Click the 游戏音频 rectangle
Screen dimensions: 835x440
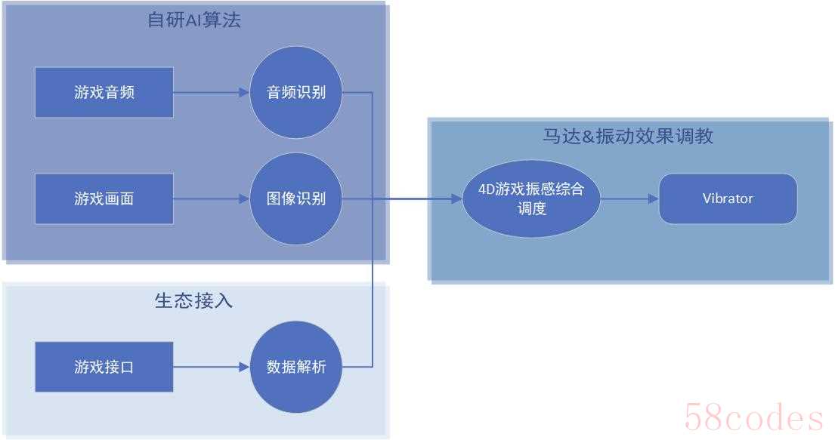[104, 92]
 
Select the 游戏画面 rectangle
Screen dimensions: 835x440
[104, 198]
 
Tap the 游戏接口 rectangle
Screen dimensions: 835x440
[104, 367]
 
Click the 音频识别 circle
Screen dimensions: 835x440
[296, 92]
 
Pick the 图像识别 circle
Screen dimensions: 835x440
[296, 198]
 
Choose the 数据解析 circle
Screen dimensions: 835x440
[296, 367]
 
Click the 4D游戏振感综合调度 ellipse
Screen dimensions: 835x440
[531, 198]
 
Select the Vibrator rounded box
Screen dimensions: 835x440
[728, 198]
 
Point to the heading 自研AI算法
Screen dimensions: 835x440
[194, 20]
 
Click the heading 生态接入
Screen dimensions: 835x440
[194, 300]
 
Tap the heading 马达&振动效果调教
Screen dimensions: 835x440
[629, 136]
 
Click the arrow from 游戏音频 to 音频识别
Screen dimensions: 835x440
[212, 93]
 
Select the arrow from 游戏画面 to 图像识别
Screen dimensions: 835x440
[212, 199]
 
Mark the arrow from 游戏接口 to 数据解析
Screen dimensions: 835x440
[212, 367]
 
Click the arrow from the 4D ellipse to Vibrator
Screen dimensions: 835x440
[630, 199]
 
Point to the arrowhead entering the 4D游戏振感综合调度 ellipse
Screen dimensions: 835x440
[457, 199]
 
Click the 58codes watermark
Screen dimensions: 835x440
[753, 417]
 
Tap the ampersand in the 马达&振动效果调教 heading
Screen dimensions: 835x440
[588, 137]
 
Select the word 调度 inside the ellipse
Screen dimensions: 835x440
[531, 208]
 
